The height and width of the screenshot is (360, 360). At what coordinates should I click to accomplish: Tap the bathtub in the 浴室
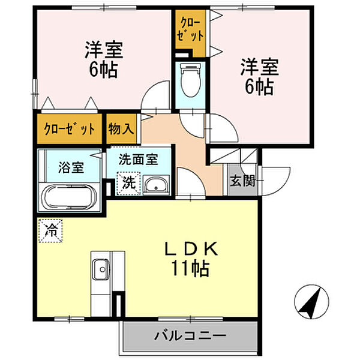70,195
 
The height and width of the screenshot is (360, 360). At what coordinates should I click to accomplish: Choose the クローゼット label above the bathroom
70,128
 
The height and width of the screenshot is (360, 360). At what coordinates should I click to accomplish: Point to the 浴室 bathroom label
71,167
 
